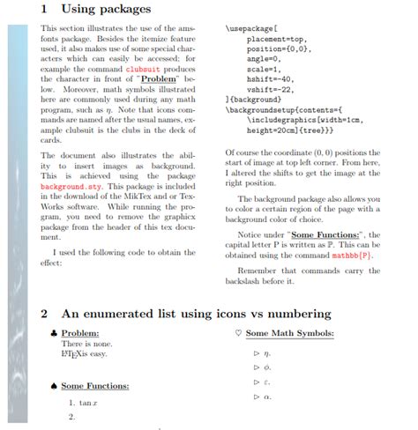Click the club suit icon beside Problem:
click(54, 333)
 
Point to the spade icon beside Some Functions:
click(54, 386)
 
